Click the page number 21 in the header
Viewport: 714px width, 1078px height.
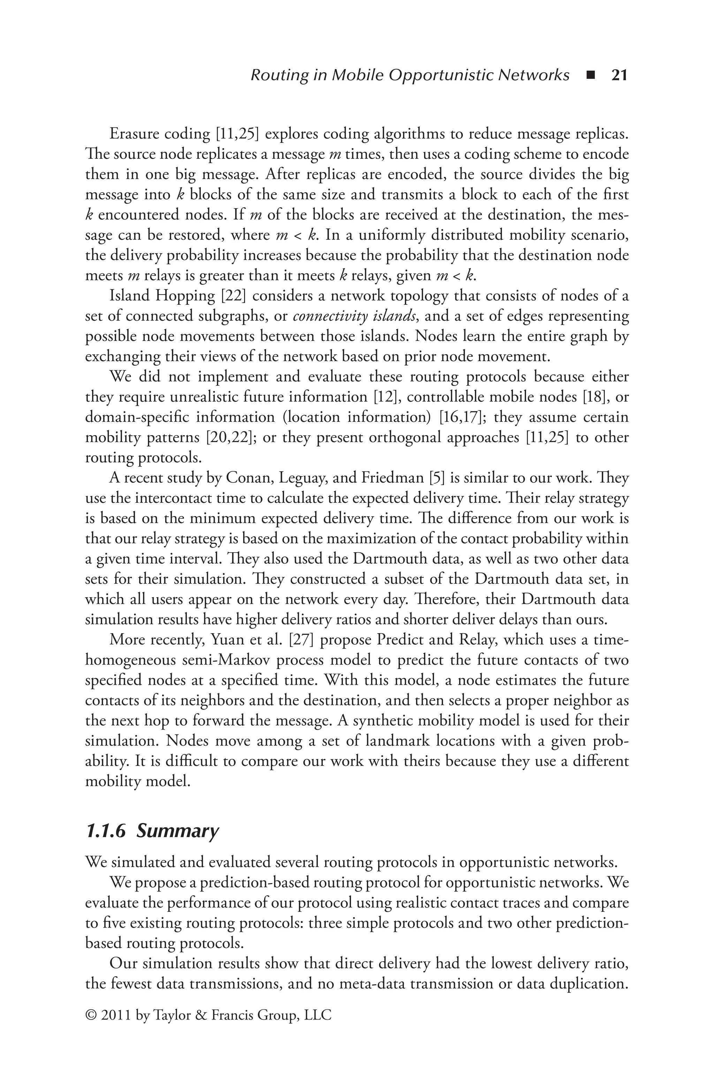click(619, 75)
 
